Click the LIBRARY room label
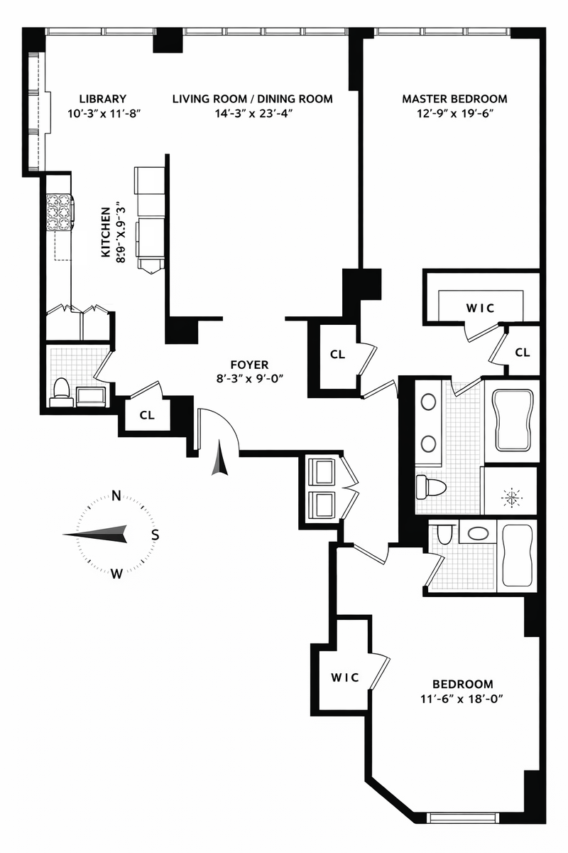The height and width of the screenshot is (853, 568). point(102,99)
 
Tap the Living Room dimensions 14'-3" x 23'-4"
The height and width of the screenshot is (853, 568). point(253,114)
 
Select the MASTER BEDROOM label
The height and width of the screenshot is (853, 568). point(454,99)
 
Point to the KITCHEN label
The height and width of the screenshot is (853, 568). point(106,232)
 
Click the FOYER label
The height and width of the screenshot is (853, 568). point(250,365)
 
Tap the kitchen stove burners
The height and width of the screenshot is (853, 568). point(60,212)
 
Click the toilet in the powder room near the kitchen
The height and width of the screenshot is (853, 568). point(61,392)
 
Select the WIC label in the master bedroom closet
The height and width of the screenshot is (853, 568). point(480,308)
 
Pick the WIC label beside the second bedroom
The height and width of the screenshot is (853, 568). point(344,677)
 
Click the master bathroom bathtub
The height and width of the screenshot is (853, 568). point(513,420)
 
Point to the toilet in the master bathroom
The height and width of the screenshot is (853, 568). point(431,487)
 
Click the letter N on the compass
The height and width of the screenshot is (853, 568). point(116,496)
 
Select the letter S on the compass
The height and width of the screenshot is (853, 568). point(155,535)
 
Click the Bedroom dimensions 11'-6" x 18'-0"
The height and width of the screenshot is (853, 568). point(462,699)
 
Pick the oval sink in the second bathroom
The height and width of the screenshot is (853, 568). point(478,534)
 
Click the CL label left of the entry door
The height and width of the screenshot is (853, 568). point(147,415)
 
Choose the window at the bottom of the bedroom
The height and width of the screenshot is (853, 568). point(462,816)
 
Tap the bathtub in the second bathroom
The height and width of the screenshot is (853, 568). point(518,556)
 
